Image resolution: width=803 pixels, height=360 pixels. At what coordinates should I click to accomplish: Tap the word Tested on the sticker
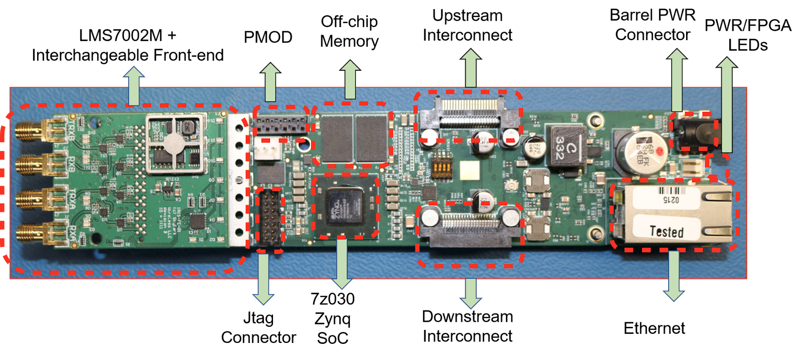coord(666,231)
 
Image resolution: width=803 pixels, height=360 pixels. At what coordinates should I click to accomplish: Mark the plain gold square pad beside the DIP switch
coord(472,171)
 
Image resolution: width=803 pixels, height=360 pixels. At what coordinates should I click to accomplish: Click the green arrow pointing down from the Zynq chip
coord(342,264)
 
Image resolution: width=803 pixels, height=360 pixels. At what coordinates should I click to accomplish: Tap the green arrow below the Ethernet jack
coord(674,276)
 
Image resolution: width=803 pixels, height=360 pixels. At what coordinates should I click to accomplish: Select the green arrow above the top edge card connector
coord(470,68)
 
